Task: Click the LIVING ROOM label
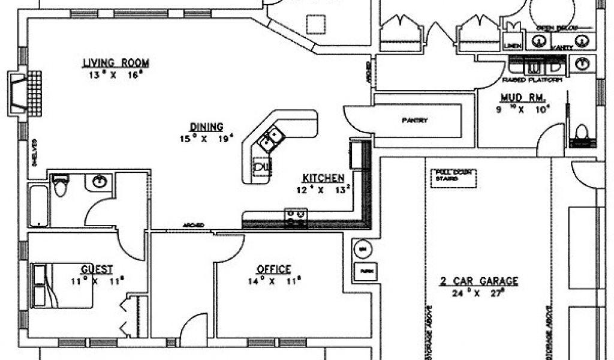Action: (116, 62)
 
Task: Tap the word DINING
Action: (206, 127)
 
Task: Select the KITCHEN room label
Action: (323, 178)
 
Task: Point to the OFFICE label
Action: (273, 269)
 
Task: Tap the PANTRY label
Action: (414, 120)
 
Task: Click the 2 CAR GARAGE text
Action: (478, 281)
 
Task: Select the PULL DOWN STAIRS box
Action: (453, 178)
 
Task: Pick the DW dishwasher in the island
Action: (261, 164)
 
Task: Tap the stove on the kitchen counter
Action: (296, 217)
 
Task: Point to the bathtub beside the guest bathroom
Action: (38, 206)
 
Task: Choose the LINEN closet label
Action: (511, 45)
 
